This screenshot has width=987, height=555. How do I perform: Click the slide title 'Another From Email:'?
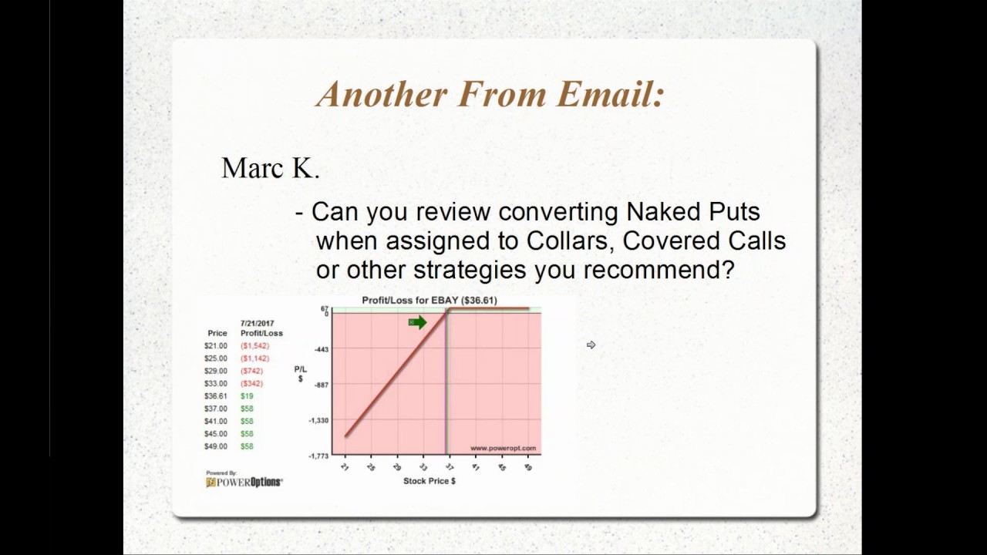pyautogui.click(x=490, y=94)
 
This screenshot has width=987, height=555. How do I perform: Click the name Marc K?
pyautogui.click(x=270, y=168)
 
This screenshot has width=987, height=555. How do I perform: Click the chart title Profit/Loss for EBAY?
pyautogui.click(x=429, y=300)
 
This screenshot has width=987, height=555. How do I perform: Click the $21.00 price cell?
pyautogui.click(x=216, y=346)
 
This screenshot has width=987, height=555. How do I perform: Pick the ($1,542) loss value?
pyautogui.click(x=254, y=346)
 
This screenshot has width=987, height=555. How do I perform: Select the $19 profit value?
pyautogui.click(x=247, y=396)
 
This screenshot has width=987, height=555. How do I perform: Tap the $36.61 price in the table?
pyautogui.click(x=216, y=396)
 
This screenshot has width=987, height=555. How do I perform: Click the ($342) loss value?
pyautogui.click(x=251, y=383)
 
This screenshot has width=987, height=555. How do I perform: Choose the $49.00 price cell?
pyautogui.click(x=216, y=446)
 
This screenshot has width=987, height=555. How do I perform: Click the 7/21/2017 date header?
pyautogui.click(x=258, y=324)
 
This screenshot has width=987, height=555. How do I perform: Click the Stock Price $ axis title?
pyautogui.click(x=429, y=481)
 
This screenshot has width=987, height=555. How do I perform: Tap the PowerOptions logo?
pyautogui.click(x=244, y=482)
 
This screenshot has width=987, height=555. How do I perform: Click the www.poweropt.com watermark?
pyautogui.click(x=502, y=448)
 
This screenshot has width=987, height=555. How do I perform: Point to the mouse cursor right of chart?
pyautogui.click(x=591, y=345)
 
